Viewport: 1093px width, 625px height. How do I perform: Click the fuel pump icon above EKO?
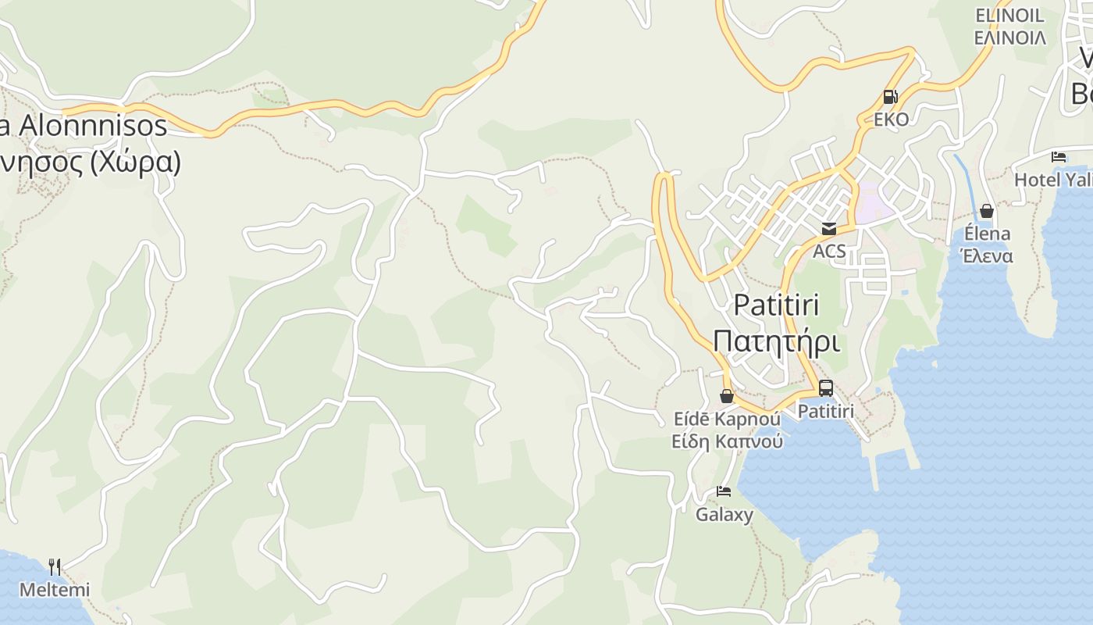[890, 97]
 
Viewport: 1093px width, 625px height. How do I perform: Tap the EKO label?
[891, 120]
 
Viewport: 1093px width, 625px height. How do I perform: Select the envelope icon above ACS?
[828, 228]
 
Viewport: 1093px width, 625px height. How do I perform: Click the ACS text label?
[829, 251]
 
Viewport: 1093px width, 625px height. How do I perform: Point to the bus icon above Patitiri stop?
[825, 387]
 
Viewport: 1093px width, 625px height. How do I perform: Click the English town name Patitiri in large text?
[777, 305]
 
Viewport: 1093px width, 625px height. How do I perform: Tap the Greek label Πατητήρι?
[776, 342]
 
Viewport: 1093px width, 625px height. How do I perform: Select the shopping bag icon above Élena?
[987, 211]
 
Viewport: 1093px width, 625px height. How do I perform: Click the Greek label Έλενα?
[988, 255]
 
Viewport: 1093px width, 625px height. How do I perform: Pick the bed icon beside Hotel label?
[1059, 157]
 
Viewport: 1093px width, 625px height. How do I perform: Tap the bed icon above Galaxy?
[724, 491]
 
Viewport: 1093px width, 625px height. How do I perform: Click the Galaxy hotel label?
[725, 514]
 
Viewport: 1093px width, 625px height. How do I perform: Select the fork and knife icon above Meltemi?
[55, 566]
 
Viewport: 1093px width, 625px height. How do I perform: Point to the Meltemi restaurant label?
[55, 590]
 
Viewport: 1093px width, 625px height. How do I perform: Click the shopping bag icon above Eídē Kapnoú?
[726, 396]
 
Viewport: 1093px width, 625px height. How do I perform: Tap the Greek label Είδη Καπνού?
[727, 441]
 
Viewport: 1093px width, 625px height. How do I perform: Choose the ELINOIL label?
[1009, 15]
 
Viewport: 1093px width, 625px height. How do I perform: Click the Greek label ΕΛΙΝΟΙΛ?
[1009, 37]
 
